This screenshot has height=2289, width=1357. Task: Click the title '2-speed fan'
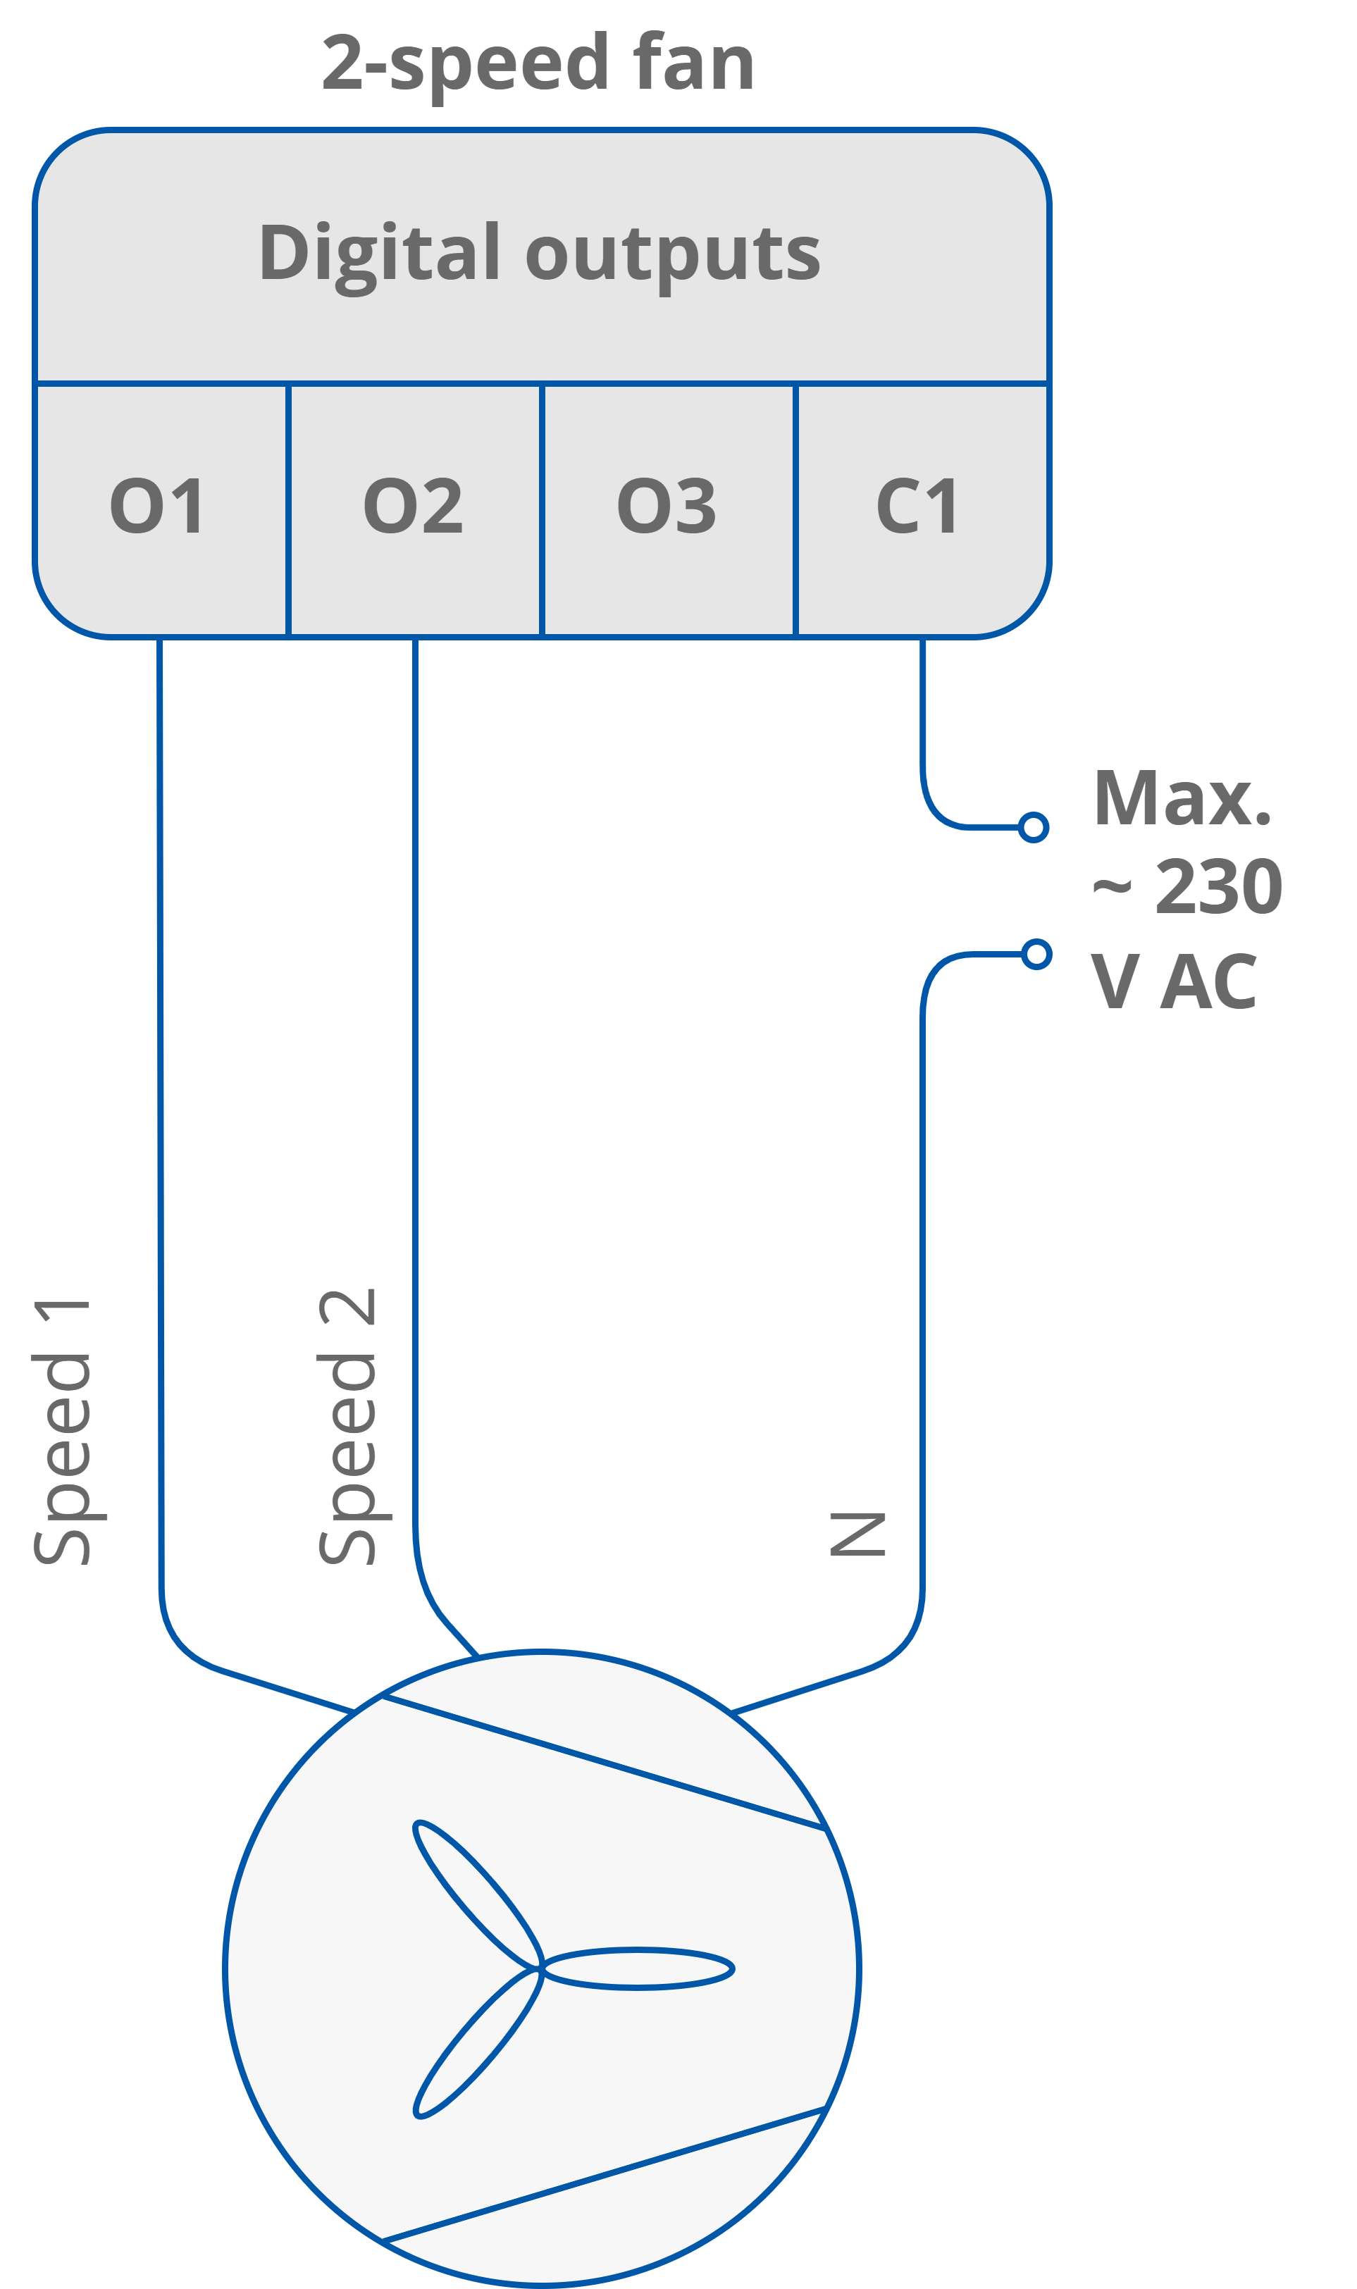click(538, 64)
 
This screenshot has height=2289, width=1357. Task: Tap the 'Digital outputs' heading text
click(540, 253)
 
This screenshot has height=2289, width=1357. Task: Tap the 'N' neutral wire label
click(857, 1534)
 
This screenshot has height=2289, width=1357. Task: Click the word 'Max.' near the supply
click(1182, 799)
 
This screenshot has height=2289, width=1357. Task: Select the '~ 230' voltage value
click(1187, 887)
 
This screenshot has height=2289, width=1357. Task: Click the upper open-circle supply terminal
click(1034, 827)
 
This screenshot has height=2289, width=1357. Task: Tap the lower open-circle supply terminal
click(1036, 955)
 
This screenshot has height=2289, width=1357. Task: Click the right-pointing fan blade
click(640, 1968)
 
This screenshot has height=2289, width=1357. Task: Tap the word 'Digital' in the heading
click(380, 253)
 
